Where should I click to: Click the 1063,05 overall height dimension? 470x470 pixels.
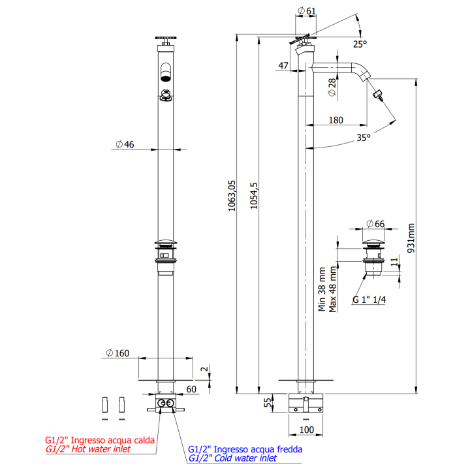232,196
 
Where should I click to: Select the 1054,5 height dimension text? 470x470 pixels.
254,196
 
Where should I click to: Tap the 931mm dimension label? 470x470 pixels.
411,238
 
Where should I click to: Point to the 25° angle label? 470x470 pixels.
360,44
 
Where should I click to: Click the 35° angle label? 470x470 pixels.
364,138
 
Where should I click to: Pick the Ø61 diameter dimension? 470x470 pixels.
307,11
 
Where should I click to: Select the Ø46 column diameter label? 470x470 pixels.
125,144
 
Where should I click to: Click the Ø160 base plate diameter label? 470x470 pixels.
117,353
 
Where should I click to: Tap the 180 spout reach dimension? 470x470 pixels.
336,120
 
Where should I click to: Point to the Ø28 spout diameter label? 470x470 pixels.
332,87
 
